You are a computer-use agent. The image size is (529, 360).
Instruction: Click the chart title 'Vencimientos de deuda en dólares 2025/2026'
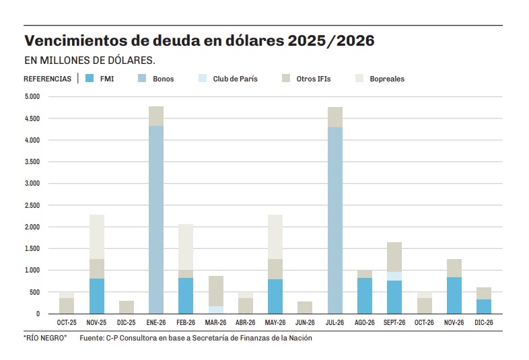tap(199, 41)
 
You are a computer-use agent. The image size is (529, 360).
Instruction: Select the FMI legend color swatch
tap(90, 79)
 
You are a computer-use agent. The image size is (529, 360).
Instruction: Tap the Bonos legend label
tap(163, 79)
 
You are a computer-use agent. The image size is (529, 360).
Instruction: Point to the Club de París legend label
tap(235, 79)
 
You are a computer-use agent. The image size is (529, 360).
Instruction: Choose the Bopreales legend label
tap(387, 79)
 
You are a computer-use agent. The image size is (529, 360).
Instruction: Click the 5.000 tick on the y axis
tap(33, 97)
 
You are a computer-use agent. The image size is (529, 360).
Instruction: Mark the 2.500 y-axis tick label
tap(33, 206)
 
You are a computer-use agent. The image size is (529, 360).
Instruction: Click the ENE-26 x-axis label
tap(155, 323)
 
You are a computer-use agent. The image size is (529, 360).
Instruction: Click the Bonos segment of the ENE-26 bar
tap(155, 219)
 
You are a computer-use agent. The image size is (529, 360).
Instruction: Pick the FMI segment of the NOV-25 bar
tap(97, 296)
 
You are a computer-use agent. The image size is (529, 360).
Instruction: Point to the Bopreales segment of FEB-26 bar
tap(185, 247)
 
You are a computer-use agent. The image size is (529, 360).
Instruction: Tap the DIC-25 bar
tap(127, 307)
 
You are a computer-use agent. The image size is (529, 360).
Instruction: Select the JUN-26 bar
tap(305, 308)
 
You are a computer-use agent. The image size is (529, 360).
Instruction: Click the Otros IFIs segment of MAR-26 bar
tap(215, 291)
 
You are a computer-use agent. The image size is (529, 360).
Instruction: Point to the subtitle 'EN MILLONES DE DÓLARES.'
tap(90, 61)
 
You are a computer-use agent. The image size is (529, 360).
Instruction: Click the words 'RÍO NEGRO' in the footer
tap(46, 338)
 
